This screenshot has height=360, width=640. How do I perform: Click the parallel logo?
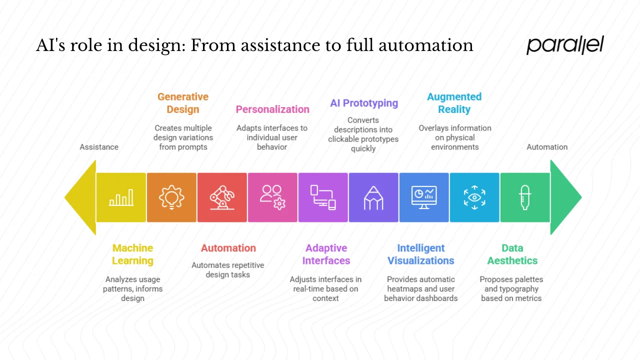tap(565, 45)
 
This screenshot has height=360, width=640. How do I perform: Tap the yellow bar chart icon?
tap(121, 197)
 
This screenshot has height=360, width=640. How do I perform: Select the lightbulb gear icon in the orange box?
tap(171, 197)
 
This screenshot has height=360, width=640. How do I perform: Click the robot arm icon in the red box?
tap(222, 197)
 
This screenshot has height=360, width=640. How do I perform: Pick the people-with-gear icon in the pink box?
tap(272, 197)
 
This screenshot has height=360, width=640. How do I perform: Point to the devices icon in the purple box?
tap(323, 197)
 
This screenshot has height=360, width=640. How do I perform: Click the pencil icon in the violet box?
tap(373, 197)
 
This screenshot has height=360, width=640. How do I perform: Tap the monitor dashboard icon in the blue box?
tap(424, 197)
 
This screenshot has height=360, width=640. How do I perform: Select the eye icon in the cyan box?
tap(474, 197)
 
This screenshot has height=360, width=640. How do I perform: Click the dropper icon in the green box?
tap(525, 197)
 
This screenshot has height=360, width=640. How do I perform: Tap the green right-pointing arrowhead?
tap(566, 197)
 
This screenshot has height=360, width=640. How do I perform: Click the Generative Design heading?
tap(183, 103)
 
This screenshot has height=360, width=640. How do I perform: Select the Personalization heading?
tap(272, 109)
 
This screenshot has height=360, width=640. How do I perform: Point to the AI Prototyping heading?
tap(364, 103)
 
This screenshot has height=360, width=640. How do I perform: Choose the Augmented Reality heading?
tap(454, 103)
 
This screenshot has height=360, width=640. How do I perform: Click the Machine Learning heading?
tap(132, 254)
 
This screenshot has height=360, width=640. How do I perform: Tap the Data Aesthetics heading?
tap(512, 254)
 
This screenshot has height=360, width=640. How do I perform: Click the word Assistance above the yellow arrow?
tap(99, 147)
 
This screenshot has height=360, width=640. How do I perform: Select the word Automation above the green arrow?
tap(547, 147)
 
